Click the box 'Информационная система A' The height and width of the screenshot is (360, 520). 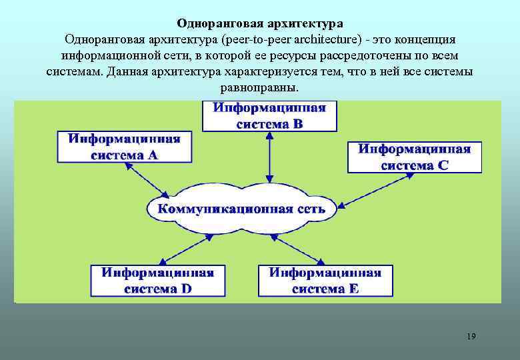[123, 147]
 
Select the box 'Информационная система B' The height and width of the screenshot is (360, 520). [269, 115]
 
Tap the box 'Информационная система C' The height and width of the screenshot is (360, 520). [414, 157]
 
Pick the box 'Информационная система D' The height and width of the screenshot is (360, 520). [157, 281]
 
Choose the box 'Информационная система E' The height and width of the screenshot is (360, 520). [325, 281]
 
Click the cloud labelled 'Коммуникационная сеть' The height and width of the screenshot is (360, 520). [241, 209]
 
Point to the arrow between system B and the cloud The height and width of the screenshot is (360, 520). [269, 157]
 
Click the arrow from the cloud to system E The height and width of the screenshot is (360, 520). [303, 249]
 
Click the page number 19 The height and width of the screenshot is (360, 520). [471, 336]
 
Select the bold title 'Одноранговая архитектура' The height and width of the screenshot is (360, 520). [260, 24]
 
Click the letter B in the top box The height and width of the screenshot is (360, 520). [298, 123]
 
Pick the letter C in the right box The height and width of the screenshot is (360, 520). [443, 165]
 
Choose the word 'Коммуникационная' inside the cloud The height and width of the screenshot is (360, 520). [215, 209]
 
